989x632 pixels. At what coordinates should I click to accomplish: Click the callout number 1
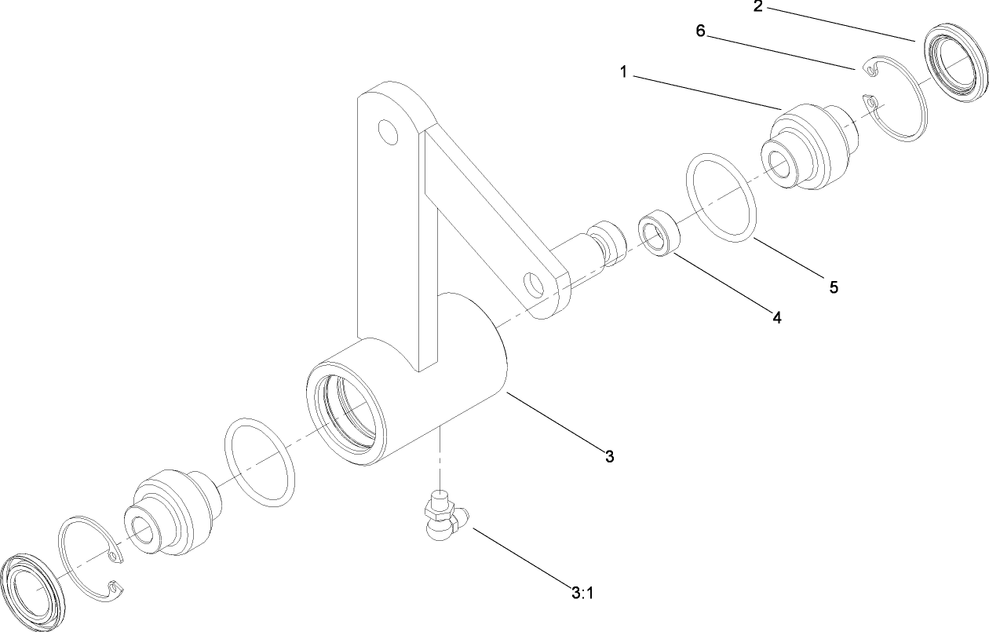[x=622, y=72]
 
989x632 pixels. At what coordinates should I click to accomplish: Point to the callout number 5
[x=834, y=287]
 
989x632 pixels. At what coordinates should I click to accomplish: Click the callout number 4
[x=776, y=318]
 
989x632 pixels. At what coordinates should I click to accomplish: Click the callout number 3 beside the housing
[x=608, y=456]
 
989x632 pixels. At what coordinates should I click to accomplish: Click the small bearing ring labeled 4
[x=658, y=232]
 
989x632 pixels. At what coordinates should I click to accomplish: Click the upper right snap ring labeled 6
[x=895, y=110]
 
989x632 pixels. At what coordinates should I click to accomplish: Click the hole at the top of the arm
[x=387, y=130]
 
